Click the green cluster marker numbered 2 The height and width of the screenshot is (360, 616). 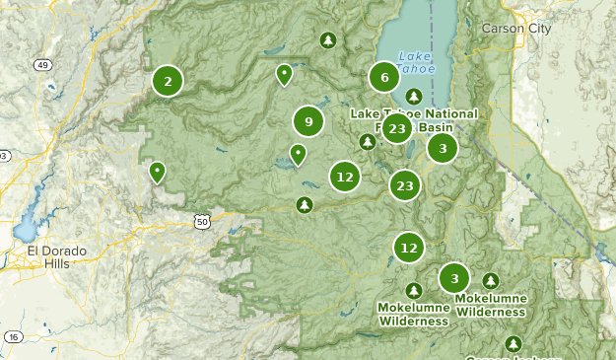click(168, 81)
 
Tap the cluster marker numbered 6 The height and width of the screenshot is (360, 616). click(384, 77)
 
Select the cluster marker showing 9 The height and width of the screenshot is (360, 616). click(308, 121)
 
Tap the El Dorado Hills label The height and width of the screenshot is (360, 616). click(56, 257)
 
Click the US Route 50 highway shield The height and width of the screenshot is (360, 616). click(202, 222)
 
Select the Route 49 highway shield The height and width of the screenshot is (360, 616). click(42, 65)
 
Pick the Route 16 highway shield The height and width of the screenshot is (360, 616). click(13, 337)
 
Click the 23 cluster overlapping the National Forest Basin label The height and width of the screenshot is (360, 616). click(397, 129)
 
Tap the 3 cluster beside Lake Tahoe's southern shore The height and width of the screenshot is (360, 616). click(443, 148)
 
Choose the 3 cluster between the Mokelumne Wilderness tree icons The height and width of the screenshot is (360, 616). click(453, 278)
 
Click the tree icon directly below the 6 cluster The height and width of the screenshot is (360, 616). click(414, 96)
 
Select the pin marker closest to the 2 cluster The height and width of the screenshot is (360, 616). click(156, 173)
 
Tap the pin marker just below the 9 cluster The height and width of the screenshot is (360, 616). click(298, 154)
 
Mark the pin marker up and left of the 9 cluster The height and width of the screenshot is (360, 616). click(284, 73)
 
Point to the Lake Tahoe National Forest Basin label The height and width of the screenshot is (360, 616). click(414, 120)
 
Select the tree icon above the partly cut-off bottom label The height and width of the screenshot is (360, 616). click(513, 343)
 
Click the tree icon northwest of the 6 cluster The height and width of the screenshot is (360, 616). click(328, 40)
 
